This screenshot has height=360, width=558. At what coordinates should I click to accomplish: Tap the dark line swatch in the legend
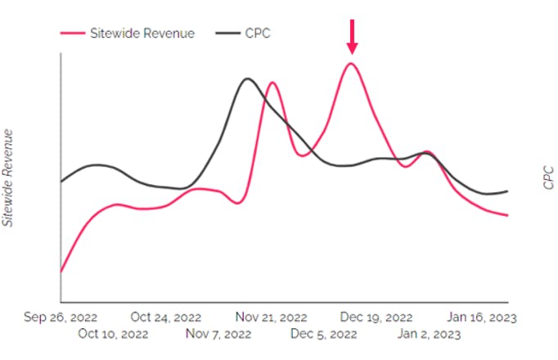click(227, 33)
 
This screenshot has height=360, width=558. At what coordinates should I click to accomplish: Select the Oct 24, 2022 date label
click(167, 317)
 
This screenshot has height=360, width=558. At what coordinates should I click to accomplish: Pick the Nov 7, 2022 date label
click(219, 335)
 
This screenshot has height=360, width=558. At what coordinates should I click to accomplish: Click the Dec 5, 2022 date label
click(325, 335)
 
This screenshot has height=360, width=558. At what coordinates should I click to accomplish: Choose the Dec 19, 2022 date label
click(376, 317)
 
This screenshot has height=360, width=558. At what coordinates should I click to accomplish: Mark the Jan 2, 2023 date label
click(429, 335)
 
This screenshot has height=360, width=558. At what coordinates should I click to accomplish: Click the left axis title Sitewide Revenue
click(9, 177)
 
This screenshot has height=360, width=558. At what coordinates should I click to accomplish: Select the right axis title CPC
click(549, 177)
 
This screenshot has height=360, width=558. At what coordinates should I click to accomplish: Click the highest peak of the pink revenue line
click(351, 63)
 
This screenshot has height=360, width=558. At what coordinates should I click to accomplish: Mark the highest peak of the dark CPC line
click(247, 79)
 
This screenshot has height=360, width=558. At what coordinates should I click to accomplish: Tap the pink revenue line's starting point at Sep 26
click(61, 272)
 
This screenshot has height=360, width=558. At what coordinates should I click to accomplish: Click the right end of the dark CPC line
click(508, 191)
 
